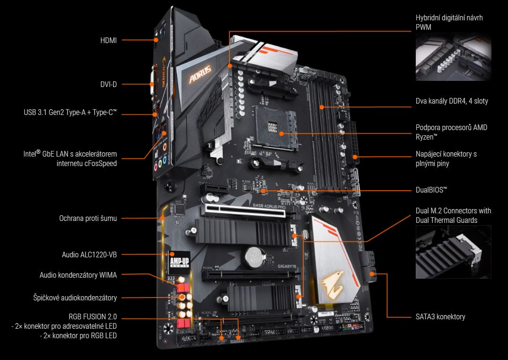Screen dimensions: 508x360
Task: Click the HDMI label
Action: click(x=108, y=41)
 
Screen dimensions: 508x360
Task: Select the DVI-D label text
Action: click(x=108, y=85)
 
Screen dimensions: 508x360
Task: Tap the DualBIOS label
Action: click(x=431, y=190)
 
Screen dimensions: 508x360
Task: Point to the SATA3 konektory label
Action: click(x=440, y=316)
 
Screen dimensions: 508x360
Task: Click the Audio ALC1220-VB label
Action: click(x=89, y=255)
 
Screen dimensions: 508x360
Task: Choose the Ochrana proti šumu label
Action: click(x=88, y=219)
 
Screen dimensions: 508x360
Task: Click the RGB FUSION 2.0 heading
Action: click(x=93, y=316)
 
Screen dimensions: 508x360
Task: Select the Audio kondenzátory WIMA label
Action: click(x=78, y=275)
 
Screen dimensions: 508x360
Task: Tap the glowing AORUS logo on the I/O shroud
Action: click(x=200, y=74)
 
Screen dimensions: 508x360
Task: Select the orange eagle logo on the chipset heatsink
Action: click(x=333, y=284)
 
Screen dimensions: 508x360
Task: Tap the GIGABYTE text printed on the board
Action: click(x=287, y=266)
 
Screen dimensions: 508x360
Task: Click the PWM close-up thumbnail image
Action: click(x=453, y=57)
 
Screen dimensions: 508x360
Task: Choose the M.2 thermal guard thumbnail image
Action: click(x=453, y=252)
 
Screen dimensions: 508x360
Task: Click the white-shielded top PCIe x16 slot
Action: click(x=243, y=211)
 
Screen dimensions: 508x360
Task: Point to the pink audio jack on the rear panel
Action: click(x=156, y=167)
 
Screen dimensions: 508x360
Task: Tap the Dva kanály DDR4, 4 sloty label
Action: click(x=452, y=101)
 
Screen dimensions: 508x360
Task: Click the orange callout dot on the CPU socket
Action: click(x=281, y=133)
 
